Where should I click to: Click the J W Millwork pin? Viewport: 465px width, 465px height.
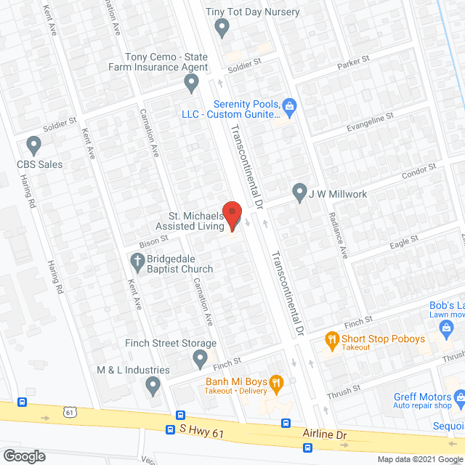click(x=299, y=193)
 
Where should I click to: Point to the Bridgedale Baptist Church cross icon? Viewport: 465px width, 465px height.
click(x=136, y=259)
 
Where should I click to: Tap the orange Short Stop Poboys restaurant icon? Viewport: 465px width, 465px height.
click(x=331, y=339)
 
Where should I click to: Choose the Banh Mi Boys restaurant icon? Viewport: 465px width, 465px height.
click(x=275, y=382)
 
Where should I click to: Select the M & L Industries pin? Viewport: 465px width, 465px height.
click(x=153, y=384)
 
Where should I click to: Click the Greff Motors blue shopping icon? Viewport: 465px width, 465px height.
click(x=459, y=397)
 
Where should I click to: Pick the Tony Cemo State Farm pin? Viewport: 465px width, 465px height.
click(x=191, y=84)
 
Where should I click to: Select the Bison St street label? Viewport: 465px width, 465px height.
click(x=153, y=238)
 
